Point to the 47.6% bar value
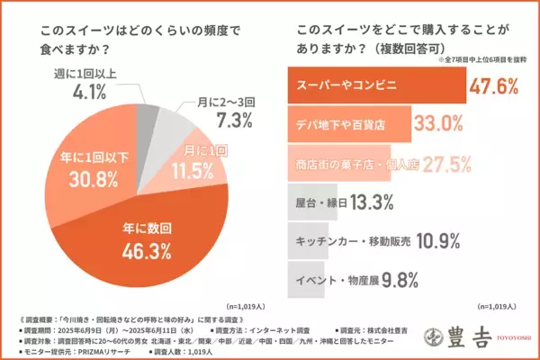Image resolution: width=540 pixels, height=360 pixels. coord(492,86)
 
